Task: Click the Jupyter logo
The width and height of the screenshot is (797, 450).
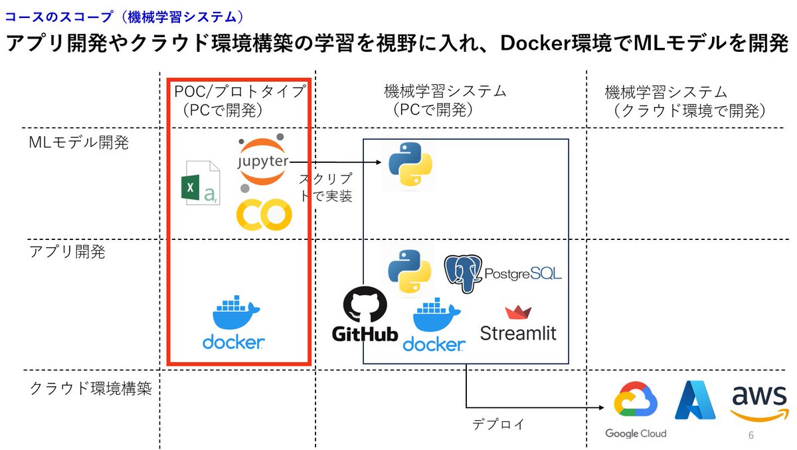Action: (x=263, y=162)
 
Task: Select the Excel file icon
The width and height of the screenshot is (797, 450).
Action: (x=201, y=183)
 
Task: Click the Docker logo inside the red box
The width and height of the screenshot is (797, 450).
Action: (x=234, y=324)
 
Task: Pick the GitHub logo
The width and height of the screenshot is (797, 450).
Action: (x=365, y=314)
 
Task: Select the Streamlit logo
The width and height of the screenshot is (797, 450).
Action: (x=518, y=324)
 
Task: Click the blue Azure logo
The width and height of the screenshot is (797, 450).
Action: (x=695, y=400)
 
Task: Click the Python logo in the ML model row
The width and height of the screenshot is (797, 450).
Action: (x=410, y=165)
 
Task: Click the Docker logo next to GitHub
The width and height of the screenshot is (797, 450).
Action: (x=438, y=324)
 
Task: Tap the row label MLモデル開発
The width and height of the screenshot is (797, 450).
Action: (x=78, y=143)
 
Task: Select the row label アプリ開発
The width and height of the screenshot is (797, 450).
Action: (x=68, y=253)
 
